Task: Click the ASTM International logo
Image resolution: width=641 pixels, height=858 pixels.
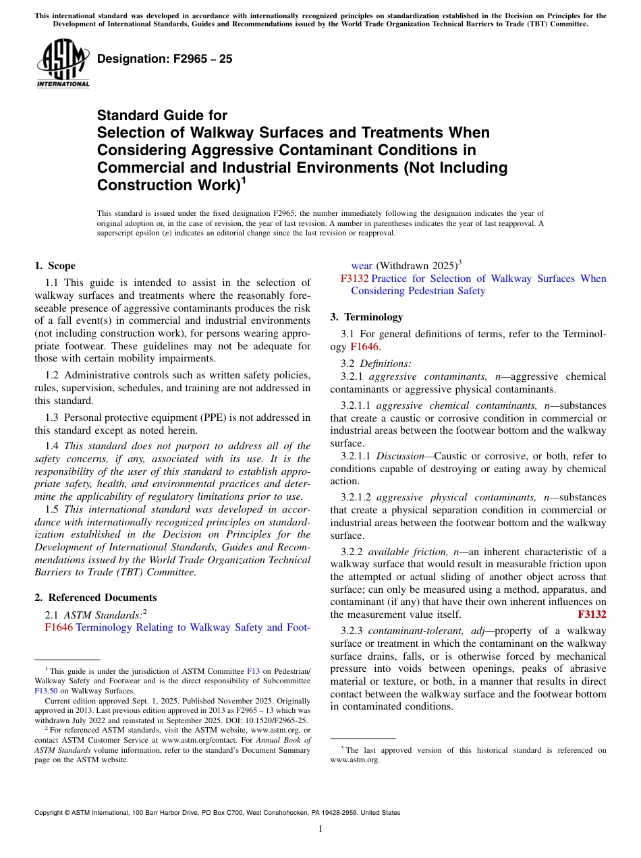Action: coord(63,64)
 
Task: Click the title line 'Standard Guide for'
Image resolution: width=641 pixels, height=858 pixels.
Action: coord(162,115)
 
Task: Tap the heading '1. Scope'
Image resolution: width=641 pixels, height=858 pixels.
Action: coord(55,266)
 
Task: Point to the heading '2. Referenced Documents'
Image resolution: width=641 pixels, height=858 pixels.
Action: coord(95,598)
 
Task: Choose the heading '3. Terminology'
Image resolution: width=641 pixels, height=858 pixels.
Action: coord(366,317)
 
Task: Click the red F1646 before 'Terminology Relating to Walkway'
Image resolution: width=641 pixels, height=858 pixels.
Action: coord(59,627)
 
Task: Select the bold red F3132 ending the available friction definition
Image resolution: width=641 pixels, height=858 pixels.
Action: coord(592,614)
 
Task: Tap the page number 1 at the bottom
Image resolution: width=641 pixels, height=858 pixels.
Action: coord(320,828)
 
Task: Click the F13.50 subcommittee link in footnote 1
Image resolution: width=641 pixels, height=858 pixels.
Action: coord(45,691)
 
